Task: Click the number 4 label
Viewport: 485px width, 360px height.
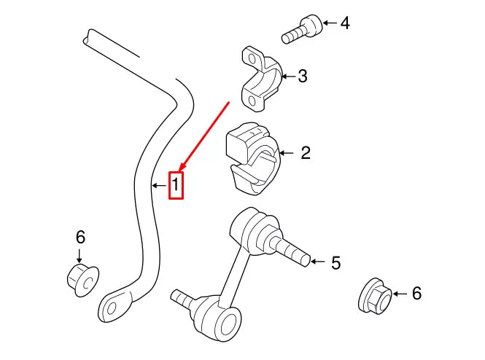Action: click(x=345, y=23)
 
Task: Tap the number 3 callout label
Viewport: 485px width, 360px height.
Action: click(x=303, y=76)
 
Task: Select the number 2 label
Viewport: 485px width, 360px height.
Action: click(x=306, y=153)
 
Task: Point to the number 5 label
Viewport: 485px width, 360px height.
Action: click(x=335, y=262)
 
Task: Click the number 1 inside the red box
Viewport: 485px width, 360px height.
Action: click(x=176, y=186)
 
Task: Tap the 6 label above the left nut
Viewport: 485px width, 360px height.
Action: click(x=80, y=237)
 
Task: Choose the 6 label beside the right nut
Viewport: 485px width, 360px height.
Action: click(x=416, y=294)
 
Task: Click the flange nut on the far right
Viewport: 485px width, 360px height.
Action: click(x=374, y=295)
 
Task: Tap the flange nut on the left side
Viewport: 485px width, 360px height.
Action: click(x=79, y=278)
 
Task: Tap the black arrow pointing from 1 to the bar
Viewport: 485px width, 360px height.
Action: click(x=158, y=186)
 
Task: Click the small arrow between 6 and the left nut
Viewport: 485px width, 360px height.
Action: click(x=80, y=254)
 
